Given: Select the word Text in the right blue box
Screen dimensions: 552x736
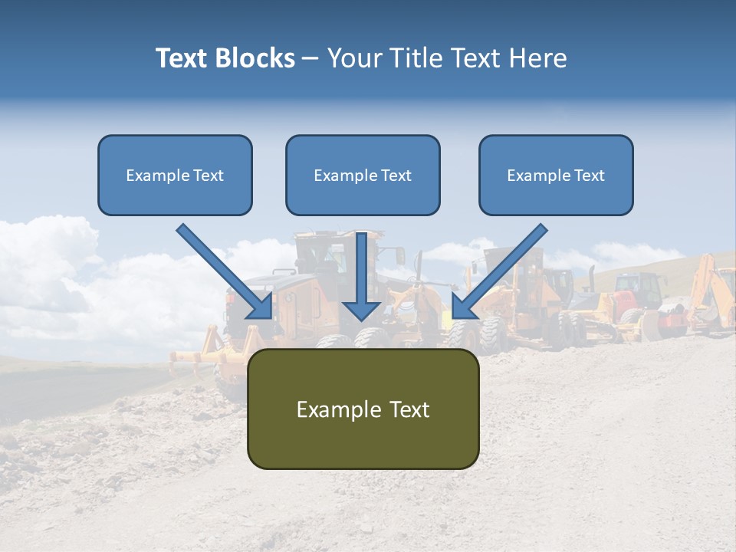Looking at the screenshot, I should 588,176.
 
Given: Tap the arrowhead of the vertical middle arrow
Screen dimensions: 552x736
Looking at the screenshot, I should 362,310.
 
